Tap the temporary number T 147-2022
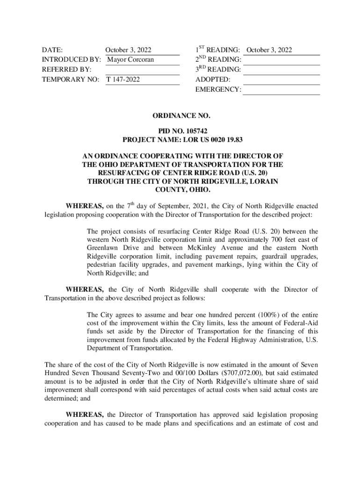point(123,80)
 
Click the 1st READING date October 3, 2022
point(269,50)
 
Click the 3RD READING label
point(218,70)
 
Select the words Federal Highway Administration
point(247,340)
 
